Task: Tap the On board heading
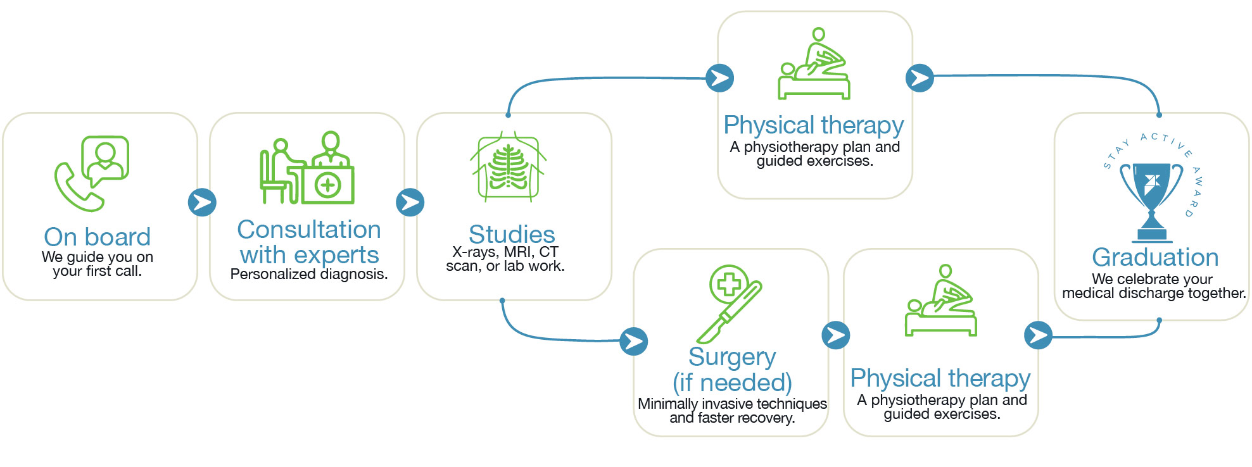[x=97, y=237]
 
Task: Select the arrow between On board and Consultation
[x=202, y=202]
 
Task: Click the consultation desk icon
[x=307, y=169]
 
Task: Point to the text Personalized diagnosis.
[x=308, y=274]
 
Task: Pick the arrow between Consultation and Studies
[x=410, y=202]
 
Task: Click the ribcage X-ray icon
[x=508, y=166]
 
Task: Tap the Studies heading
[x=512, y=234]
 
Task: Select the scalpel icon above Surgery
[x=728, y=303]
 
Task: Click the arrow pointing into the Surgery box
[x=633, y=341]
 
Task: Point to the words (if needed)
[x=732, y=383]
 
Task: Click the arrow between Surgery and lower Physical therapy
[x=835, y=335]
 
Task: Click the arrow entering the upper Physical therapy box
[x=719, y=78]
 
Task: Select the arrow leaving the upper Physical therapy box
[x=920, y=78]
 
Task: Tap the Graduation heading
[x=1155, y=258]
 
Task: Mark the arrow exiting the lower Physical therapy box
[x=1038, y=335]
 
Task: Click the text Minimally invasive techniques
[x=732, y=404]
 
